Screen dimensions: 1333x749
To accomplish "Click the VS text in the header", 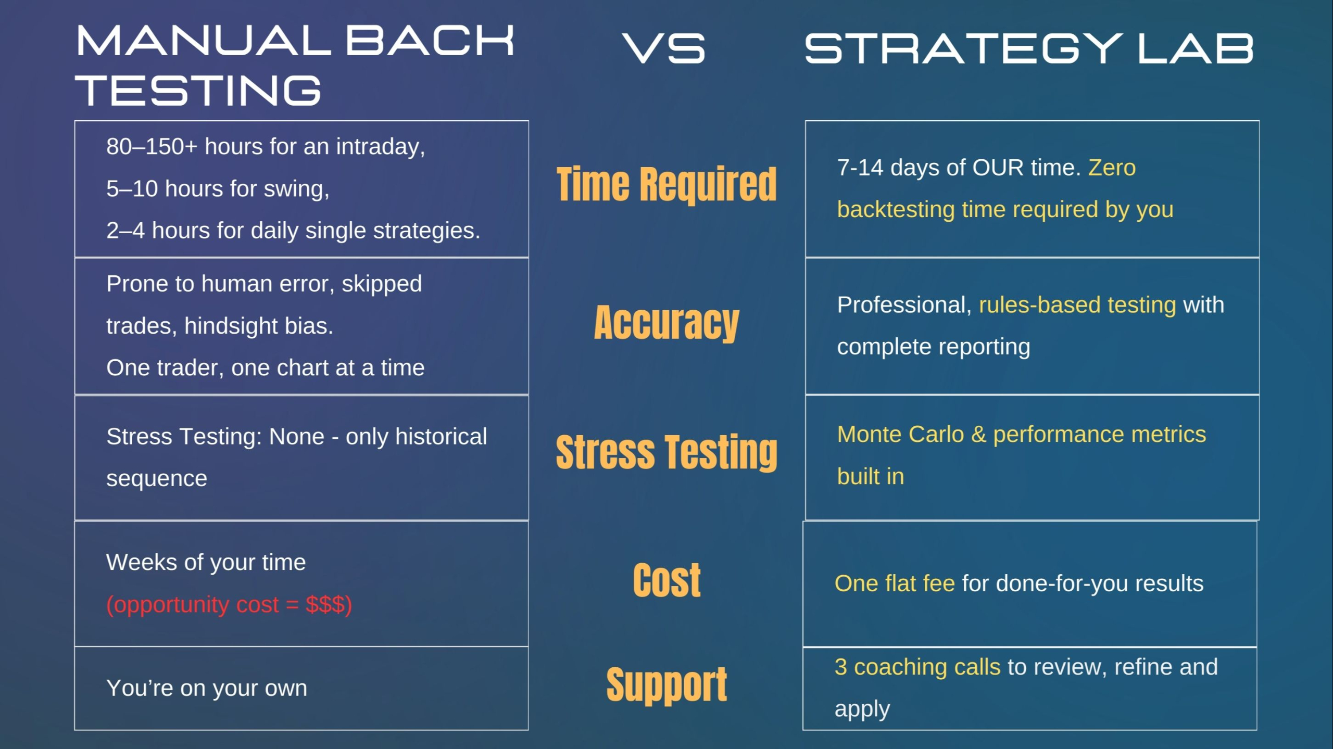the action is (x=664, y=48).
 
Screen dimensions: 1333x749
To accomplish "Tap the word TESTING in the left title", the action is (x=198, y=90).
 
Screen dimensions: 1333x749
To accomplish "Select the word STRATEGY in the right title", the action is (x=963, y=48).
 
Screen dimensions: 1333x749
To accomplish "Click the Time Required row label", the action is (x=666, y=184).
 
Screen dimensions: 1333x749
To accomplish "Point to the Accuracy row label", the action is (x=666, y=323).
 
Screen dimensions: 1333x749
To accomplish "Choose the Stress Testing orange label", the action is (x=666, y=452).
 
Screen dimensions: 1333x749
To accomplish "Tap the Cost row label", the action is (x=667, y=580).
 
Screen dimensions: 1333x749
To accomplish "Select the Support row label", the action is (x=666, y=684).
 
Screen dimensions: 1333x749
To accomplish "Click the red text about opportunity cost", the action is (x=229, y=605).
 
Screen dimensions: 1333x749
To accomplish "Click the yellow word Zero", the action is (x=1112, y=168).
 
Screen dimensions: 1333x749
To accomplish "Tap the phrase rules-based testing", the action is (x=1077, y=305).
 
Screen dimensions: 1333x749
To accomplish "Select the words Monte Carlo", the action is (x=901, y=434).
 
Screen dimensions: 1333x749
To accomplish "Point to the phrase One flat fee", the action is (x=895, y=583).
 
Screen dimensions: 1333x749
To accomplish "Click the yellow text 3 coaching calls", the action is (x=917, y=667).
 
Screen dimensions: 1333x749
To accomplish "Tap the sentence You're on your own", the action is (x=207, y=688).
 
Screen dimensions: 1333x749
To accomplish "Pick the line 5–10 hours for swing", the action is (x=218, y=188).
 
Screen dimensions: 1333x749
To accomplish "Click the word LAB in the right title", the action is (x=1195, y=48).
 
